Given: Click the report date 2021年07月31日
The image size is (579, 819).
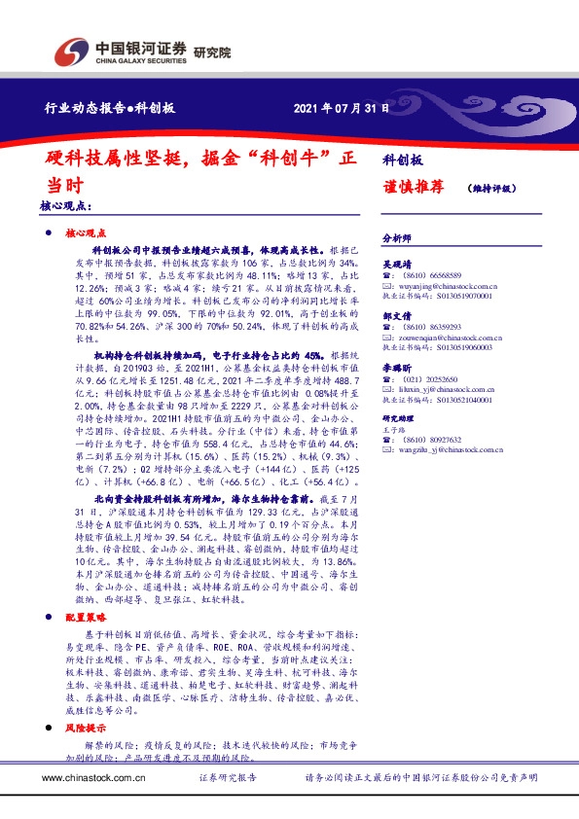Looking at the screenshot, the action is pyautogui.click(x=342, y=108).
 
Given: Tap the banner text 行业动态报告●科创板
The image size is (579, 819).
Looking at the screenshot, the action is pyautogui.click(x=111, y=108).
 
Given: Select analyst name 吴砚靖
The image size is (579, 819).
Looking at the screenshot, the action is pyautogui.click(x=397, y=264).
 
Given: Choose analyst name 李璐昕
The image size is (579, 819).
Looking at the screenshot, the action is pyautogui.click(x=397, y=369).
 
